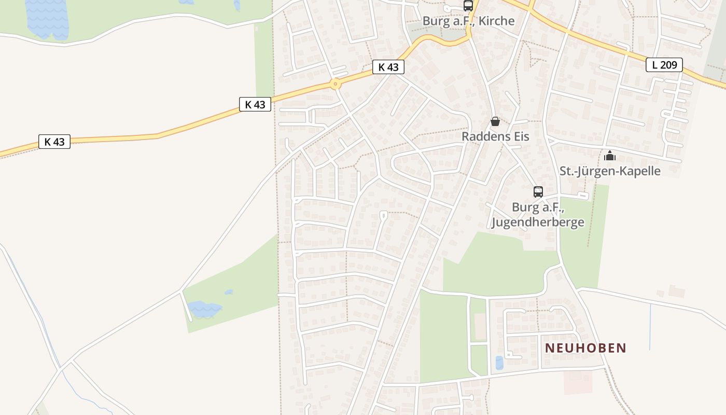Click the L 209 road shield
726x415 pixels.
(x=664, y=65)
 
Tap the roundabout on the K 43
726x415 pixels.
(x=336, y=84)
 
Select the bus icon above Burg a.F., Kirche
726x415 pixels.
(x=468, y=6)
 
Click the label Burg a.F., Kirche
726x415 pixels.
(x=468, y=21)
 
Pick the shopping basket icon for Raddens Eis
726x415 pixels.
(x=495, y=122)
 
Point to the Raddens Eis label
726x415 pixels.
(x=495, y=136)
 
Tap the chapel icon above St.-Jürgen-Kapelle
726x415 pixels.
(x=610, y=156)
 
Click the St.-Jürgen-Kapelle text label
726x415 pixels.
(x=610, y=171)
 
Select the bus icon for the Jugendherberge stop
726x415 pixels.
(x=538, y=192)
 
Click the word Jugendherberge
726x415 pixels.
(x=538, y=223)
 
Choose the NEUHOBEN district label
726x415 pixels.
(x=585, y=348)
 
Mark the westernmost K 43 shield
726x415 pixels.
(x=54, y=142)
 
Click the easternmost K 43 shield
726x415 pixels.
(x=388, y=67)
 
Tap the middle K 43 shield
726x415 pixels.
(x=255, y=104)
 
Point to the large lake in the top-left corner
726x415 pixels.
(x=47, y=18)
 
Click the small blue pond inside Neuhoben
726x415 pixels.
(x=499, y=363)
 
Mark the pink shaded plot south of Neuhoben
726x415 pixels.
(x=578, y=382)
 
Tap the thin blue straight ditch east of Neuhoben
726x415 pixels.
(x=650, y=327)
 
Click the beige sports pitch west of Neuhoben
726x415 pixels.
(x=481, y=326)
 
